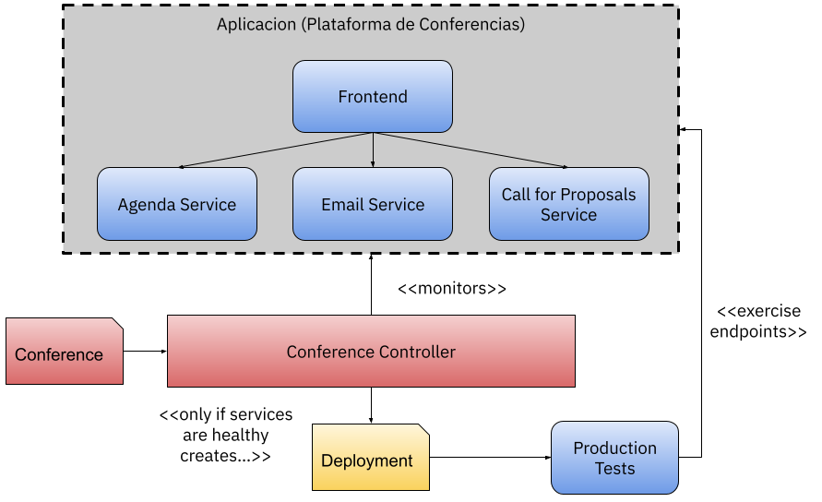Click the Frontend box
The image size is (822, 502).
click(x=372, y=97)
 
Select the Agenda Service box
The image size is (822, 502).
click(x=176, y=204)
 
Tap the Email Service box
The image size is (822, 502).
click(x=372, y=204)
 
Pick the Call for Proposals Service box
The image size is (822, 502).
click(x=569, y=204)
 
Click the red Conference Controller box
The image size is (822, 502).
click(x=371, y=351)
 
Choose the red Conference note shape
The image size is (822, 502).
click(x=65, y=351)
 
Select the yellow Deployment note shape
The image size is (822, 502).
click(x=371, y=458)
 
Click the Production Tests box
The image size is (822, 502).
click(x=614, y=458)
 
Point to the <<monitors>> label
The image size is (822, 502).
click(x=452, y=289)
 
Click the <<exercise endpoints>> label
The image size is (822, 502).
click(x=758, y=321)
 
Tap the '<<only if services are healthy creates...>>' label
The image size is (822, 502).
click(x=225, y=435)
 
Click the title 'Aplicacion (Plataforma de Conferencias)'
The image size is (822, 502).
click(x=371, y=24)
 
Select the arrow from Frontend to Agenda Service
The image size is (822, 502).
click(x=276, y=150)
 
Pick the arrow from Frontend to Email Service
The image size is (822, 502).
click(x=373, y=150)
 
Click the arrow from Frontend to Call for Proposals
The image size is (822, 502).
click(x=471, y=150)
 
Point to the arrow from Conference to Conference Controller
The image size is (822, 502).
click(x=145, y=351)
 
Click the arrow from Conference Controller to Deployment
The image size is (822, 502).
click(x=371, y=405)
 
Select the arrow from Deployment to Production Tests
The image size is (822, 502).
click(x=490, y=457)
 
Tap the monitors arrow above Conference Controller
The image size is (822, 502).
click(x=371, y=284)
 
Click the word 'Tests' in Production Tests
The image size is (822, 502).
click(x=614, y=468)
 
